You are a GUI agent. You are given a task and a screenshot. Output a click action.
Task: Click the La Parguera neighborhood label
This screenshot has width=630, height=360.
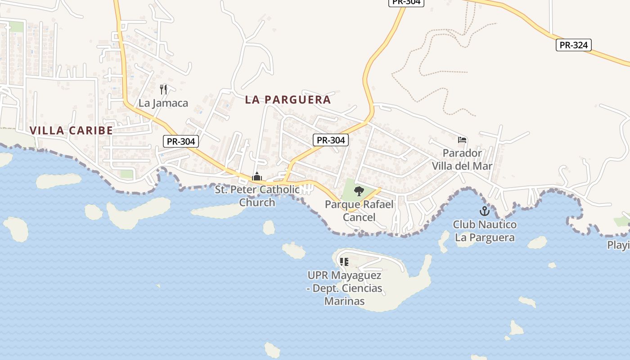coord(288,100)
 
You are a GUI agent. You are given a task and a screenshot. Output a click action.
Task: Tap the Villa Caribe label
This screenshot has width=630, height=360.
coord(71,130)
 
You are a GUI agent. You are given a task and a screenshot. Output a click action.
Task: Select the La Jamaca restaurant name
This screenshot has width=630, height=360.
coord(163,103)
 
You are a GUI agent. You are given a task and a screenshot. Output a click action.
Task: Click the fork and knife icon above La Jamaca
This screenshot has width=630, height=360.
coord(163,90)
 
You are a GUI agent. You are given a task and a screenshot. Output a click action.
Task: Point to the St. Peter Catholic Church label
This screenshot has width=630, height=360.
coord(257,196)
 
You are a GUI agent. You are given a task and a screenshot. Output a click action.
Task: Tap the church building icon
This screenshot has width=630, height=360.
coord(257,177)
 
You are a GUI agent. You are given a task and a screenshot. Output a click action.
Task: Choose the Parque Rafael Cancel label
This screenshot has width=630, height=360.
coord(359,211)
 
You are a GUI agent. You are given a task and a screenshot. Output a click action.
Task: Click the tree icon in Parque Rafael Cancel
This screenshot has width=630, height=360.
coord(359,192)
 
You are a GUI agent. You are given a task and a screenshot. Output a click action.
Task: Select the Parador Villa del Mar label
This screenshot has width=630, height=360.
coord(462,159)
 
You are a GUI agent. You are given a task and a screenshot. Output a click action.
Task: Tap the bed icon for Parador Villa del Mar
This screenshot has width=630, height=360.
coord(462,140)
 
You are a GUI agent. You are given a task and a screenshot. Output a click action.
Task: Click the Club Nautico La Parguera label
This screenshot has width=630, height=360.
coord(485,231)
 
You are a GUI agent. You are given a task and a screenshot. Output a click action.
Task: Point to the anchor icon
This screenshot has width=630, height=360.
coord(485,211)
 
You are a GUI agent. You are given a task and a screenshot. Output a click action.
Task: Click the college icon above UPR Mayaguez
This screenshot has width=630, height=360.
coord(344,261)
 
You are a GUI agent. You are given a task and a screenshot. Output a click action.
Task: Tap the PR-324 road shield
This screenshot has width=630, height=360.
coord(573,45)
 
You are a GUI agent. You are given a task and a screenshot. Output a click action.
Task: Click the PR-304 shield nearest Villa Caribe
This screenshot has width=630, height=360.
coord(181,141)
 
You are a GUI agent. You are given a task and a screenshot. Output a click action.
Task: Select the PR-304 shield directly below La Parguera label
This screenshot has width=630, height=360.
coord(331,140)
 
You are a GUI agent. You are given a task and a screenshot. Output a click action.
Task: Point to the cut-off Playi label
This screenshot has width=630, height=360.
coord(618,245)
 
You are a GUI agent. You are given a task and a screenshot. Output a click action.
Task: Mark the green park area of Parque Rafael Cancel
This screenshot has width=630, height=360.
coord(349,189)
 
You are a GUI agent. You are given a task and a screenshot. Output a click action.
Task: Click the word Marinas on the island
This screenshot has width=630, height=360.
coord(344,301)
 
